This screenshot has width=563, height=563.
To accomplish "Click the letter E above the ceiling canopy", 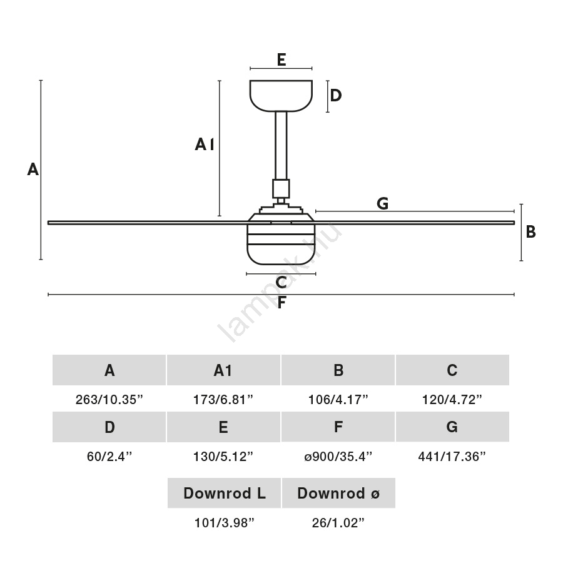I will pyautogui.click(x=281, y=59).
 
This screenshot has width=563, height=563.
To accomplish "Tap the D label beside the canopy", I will pyautogui.click(x=336, y=96).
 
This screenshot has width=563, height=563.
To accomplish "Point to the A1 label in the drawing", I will pyautogui.click(x=205, y=145).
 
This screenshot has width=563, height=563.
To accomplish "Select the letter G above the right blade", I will pyautogui.click(x=383, y=203).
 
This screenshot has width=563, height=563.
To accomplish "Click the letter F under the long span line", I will pyautogui.click(x=281, y=303).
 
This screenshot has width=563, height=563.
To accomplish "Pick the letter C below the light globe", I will pyautogui.click(x=281, y=283).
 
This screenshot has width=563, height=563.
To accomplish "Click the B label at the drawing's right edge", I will pyautogui.click(x=530, y=232).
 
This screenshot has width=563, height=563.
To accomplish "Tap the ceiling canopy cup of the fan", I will pyautogui.click(x=281, y=95).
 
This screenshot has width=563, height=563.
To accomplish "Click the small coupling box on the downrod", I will pyautogui.click(x=281, y=188).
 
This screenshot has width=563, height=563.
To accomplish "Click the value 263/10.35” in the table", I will pyautogui.click(x=109, y=400).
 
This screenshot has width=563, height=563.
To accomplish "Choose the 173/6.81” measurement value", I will pyautogui.click(x=223, y=400).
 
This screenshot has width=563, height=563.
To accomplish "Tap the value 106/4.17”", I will pyautogui.click(x=338, y=400).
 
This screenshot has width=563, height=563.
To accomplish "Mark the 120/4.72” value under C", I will pyautogui.click(x=452, y=400).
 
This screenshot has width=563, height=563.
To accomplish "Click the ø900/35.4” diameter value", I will pyautogui.click(x=338, y=457).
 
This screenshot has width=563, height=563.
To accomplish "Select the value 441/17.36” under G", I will pyautogui.click(x=452, y=457).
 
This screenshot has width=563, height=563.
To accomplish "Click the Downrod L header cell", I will pyautogui.click(x=224, y=494).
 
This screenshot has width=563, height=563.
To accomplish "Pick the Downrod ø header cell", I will pyautogui.click(x=338, y=494).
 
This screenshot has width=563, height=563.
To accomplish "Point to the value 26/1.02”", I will pyautogui.click(x=338, y=524).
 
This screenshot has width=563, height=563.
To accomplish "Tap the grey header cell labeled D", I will pyautogui.click(x=109, y=427).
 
